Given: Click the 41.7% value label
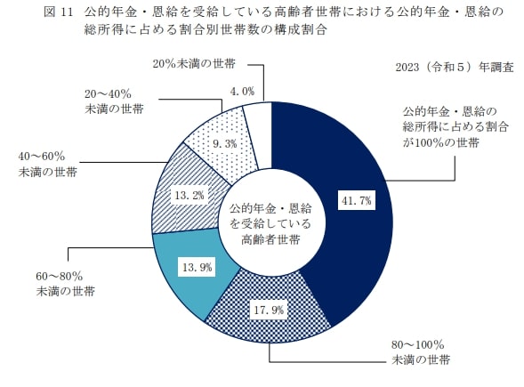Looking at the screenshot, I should pos(355,200).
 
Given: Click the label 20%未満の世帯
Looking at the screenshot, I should pos(192,64).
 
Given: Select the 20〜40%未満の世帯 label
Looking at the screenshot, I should pos(115,101).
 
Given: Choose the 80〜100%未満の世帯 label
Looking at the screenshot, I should pos(419,352).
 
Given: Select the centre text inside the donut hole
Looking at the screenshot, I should pos(270,222).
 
